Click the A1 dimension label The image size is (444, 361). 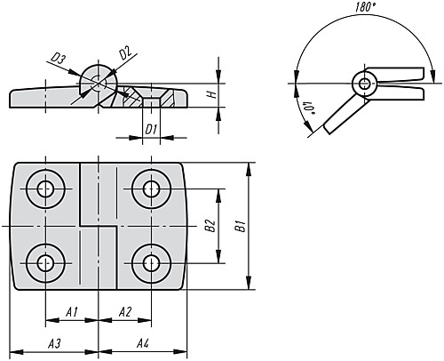pyautogui.click(x=72, y=312)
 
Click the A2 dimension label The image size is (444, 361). pyautogui.click(x=125, y=312)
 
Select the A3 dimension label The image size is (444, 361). pyautogui.click(x=54, y=344)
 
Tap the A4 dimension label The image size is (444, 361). pyautogui.click(x=143, y=344)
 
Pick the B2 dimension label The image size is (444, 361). pyautogui.click(x=210, y=226)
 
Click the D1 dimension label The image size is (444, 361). pyautogui.click(x=151, y=130)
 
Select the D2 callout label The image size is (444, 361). pyautogui.click(x=125, y=52)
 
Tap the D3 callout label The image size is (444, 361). pyautogui.click(x=58, y=59)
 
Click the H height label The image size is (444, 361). pyautogui.click(x=212, y=95)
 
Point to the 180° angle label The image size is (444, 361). pyautogui.click(x=365, y=7)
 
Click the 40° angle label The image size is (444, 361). pyautogui.click(x=310, y=108)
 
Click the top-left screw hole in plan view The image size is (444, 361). pyautogui.click(x=45, y=189)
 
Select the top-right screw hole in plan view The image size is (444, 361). pyautogui.click(x=151, y=189)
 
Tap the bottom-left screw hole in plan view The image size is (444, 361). pyautogui.click(x=45, y=263)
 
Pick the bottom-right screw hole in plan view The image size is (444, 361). pyautogui.click(x=151, y=263)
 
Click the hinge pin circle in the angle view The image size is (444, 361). pyautogui.click(x=365, y=84)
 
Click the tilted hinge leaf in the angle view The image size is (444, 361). pyautogui.click(x=345, y=115)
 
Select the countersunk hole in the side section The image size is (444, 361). pyautogui.click(x=151, y=98)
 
